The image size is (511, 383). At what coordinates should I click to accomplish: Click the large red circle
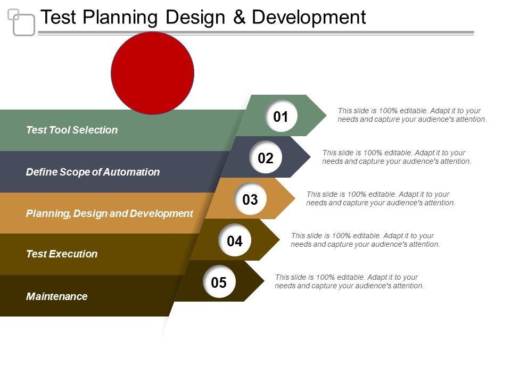pos(153,73)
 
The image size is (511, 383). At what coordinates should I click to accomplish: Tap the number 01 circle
pos(281,116)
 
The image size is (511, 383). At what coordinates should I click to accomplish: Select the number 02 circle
pos(266,157)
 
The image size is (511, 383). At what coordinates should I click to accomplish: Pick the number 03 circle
pos(250,199)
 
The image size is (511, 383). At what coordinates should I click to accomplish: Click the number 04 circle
pos(235,240)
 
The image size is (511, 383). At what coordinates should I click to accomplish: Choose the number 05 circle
pos(219,282)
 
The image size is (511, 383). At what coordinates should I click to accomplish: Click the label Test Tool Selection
pos(72,130)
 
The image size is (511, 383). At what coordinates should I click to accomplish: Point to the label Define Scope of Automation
pos(93,172)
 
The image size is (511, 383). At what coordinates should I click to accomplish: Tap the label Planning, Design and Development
pos(110,214)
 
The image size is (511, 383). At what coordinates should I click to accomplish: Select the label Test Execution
pos(62,254)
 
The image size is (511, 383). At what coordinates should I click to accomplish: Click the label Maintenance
pos(57,296)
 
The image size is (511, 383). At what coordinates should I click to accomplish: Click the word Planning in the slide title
pos(120,18)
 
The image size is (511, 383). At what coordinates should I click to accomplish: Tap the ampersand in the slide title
pos(239,17)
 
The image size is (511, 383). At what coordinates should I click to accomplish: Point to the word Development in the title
pos(309,18)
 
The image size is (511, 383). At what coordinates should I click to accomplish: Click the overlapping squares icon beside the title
pos(21,22)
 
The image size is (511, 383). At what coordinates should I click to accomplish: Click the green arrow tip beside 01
pos(326,115)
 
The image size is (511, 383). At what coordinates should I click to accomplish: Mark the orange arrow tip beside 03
pos(295,198)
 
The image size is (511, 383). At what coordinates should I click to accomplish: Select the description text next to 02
pos(397,157)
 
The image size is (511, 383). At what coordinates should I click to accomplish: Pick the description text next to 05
pos(349,281)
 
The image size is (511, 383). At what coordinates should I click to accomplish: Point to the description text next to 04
pos(365,240)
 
